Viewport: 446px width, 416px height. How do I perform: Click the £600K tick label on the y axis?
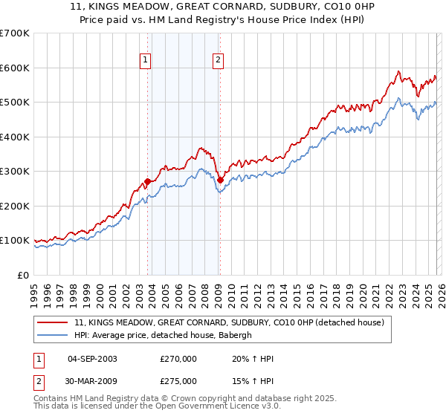(x=15, y=68)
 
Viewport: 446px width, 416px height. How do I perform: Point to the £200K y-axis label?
(x=15, y=206)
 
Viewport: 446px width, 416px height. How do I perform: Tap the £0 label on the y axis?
(x=24, y=275)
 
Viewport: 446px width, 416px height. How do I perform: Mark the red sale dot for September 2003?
(x=147, y=181)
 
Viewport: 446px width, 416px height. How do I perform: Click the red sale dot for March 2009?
(x=220, y=180)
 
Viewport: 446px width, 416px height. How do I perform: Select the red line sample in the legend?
(x=54, y=322)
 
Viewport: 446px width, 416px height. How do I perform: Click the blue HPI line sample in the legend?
(x=54, y=335)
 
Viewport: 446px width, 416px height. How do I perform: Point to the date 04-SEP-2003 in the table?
(x=92, y=359)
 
